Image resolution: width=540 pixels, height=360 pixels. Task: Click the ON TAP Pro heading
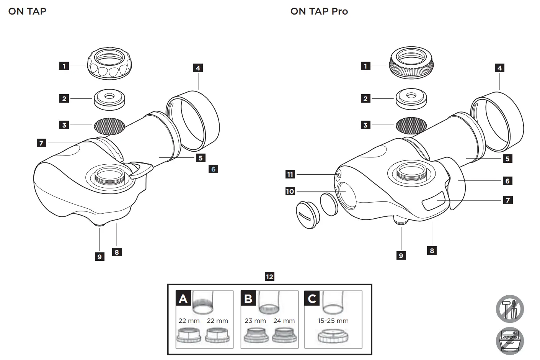pyautogui.click(x=319, y=11)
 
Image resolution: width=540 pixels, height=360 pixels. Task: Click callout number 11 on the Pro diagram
pyautogui.click(x=290, y=175)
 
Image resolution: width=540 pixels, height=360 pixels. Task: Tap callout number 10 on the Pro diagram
pyautogui.click(x=290, y=191)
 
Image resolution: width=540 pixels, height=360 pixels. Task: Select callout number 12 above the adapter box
pyautogui.click(x=269, y=277)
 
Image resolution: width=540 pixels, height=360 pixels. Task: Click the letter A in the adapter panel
pyautogui.click(x=183, y=298)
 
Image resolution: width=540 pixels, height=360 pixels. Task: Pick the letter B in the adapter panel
pyautogui.click(x=248, y=298)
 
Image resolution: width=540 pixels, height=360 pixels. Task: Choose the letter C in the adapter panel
pyautogui.click(x=312, y=298)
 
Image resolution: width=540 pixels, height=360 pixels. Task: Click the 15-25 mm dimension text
pyautogui.click(x=333, y=321)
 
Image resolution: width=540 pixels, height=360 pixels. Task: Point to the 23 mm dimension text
pyautogui.click(x=255, y=321)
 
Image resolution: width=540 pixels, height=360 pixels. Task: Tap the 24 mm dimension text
pyautogui.click(x=284, y=321)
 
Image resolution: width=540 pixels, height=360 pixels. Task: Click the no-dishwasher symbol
pyautogui.click(x=510, y=341)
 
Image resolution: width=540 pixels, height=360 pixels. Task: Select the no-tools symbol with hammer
pyautogui.click(x=510, y=309)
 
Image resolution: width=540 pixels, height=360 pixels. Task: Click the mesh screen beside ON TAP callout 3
pyautogui.click(x=109, y=125)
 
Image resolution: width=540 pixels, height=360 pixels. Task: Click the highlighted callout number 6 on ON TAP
pyautogui.click(x=213, y=169)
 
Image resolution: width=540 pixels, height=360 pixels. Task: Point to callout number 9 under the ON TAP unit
pyautogui.click(x=100, y=257)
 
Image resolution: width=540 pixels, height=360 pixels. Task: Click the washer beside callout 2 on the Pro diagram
pyautogui.click(x=411, y=99)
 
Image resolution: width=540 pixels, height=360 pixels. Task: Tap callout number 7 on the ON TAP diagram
pyautogui.click(x=41, y=143)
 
